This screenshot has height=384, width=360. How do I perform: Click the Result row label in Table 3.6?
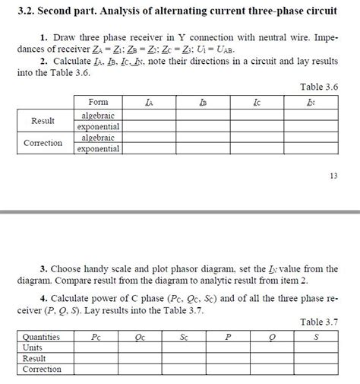(43, 120)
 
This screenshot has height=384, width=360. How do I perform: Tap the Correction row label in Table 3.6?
(43, 143)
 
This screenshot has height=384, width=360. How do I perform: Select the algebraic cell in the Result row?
(98, 114)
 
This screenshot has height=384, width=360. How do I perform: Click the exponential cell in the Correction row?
(98, 149)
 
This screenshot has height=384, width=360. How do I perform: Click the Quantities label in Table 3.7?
(42, 336)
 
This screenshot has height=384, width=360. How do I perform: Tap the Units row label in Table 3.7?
(33, 347)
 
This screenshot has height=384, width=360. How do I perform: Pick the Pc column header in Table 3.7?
(96, 336)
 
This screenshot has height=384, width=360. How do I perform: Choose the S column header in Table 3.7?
(315, 336)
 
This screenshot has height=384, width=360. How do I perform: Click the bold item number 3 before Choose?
(43, 268)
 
